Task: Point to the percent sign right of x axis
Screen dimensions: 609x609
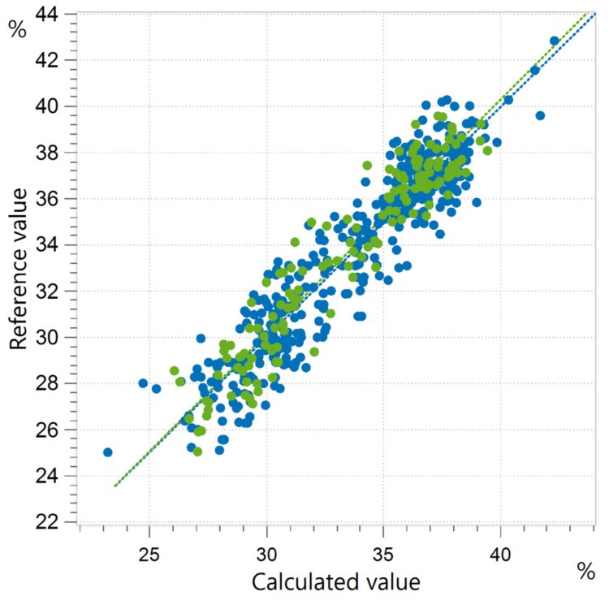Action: pyautogui.click(x=585, y=572)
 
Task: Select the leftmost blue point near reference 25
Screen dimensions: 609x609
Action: pyautogui.click(x=108, y=452)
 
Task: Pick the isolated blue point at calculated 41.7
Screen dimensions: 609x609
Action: pyautogui.click(x=540, y=115)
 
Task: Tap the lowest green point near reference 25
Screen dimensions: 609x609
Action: pyautogui.click(x=197, y=451)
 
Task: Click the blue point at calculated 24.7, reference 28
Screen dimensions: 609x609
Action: pyautogui.click(x=143, y=383)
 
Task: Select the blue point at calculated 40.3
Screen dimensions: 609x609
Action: pyautogui.click(x=508, y=99)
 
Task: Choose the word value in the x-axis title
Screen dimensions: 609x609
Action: pyautogui.click(x=395, y=582)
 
